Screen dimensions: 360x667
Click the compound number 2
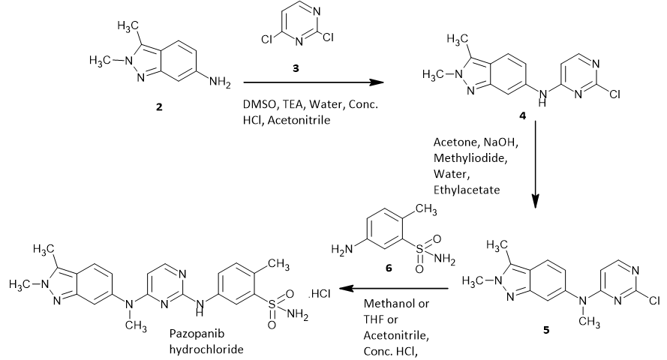point(158,107)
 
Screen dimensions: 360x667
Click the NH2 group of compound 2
point(220,82)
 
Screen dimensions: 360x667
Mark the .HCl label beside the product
point(320,291)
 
